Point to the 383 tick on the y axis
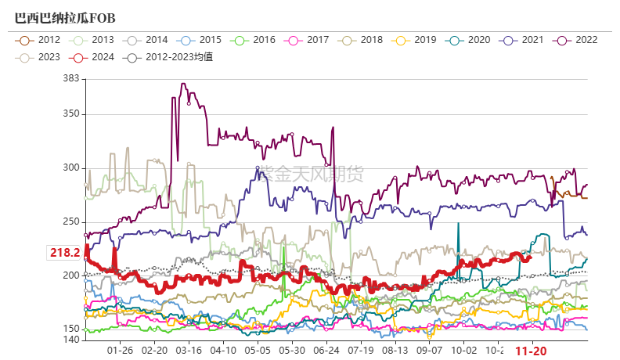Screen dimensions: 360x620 tap(71, 77)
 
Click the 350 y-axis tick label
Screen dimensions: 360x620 tap(71, 113)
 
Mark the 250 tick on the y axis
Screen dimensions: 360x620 tap(71, 221)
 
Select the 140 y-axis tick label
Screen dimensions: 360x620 tap(71, 340)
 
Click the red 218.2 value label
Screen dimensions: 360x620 tap(65, 252)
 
